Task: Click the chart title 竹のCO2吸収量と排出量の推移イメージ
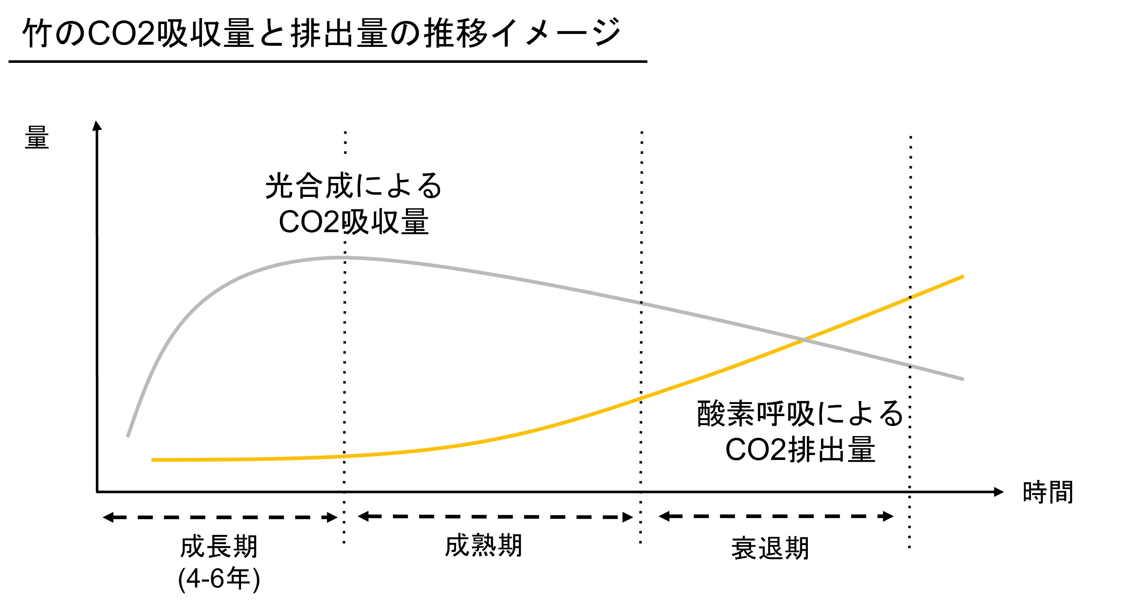click(x=321, y=33)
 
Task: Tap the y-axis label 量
click(x=37, y=138)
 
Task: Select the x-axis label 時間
click(x=1048, y=492)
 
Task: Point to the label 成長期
click(x=219, y=548)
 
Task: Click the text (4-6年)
click(x=219, y=579)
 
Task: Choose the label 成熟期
click(x=483, y=546)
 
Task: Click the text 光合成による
click(x=353, y=186)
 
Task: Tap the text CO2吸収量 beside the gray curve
click(x=353, y=222)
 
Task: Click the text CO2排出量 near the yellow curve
click(x=799, y=450)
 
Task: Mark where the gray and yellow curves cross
click(x=803, y=340)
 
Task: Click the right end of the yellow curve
click(x=963, y=277)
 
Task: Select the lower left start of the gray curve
click(x=128, y=436)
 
